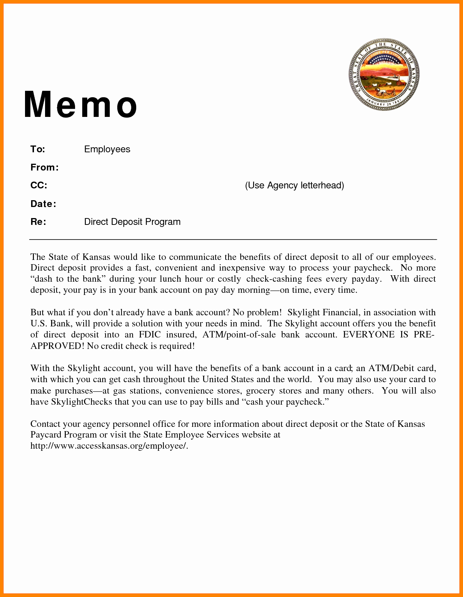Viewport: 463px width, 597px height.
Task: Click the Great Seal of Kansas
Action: point(384,75)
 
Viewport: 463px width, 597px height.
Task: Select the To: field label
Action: point(38,149)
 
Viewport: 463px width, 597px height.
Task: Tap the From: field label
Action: point(44,167)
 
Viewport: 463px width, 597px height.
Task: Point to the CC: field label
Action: point(39,185)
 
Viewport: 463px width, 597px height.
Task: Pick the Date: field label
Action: point(43,204)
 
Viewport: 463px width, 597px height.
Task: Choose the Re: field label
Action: point(38,222)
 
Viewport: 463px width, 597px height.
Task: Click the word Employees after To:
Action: point(107,149)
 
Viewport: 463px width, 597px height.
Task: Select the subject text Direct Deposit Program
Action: point(132,222)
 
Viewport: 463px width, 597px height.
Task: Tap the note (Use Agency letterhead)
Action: point(294,185)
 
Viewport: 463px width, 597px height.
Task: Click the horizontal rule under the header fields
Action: point(233,239)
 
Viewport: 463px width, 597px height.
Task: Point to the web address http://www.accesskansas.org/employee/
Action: point(109,446)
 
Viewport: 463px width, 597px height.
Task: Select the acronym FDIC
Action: point(150,335)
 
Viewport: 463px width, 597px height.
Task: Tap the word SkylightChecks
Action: point(82,402)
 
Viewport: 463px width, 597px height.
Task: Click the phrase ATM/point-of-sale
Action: point(239,335)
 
